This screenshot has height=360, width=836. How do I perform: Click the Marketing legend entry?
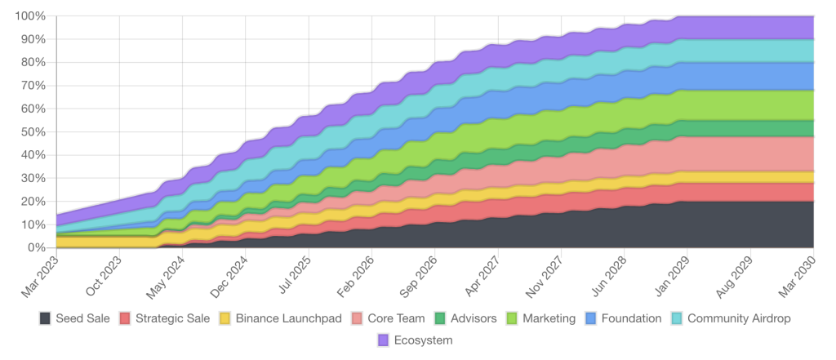[542, 318]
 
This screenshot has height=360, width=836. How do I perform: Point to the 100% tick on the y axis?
[29, 16]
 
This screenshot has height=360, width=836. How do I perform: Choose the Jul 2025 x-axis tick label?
[293, 273]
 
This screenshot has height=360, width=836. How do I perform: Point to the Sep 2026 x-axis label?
[419, 273]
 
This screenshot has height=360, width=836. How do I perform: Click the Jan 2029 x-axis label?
[672, 273]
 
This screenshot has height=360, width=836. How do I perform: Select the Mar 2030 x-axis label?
[798, 273]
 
